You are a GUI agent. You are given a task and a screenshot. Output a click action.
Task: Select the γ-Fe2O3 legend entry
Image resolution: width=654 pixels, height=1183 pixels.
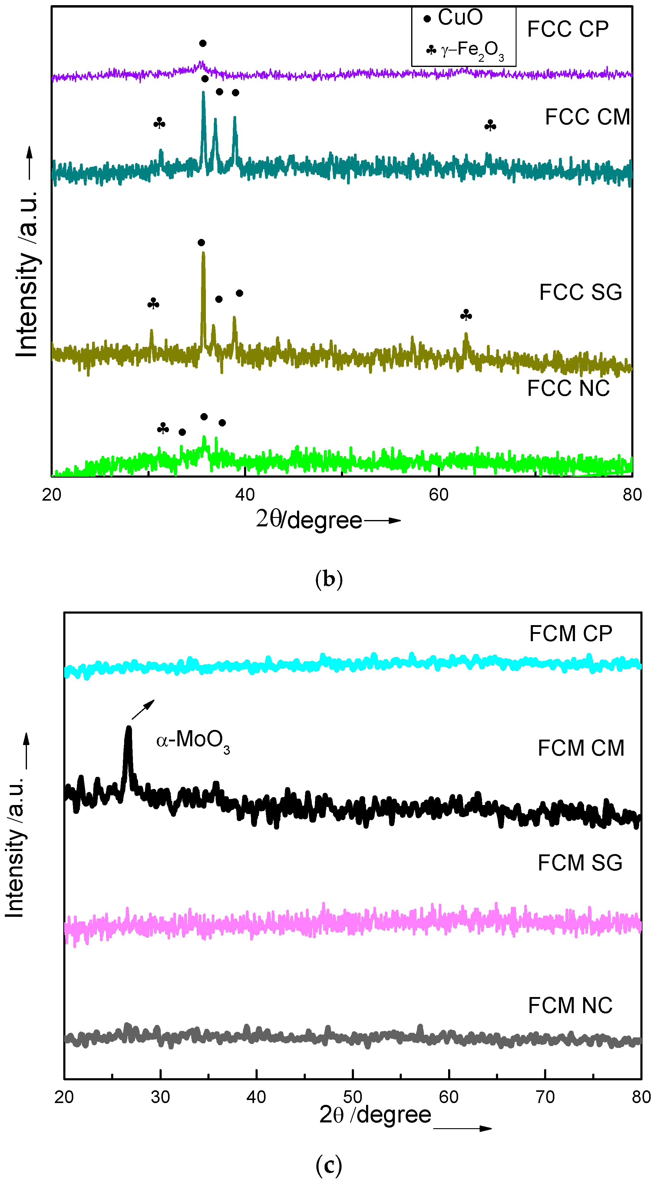click(466, 50)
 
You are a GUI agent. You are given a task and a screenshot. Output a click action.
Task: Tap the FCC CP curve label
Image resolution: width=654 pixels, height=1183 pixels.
click(568, 29)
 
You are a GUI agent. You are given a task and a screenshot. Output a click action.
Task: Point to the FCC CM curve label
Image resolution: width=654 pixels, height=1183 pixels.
click(587, 117)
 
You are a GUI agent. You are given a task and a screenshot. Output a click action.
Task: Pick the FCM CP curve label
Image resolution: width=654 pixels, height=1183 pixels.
click(570, 634)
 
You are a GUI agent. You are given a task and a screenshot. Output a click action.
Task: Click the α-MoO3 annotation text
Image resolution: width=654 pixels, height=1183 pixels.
click(193, 740)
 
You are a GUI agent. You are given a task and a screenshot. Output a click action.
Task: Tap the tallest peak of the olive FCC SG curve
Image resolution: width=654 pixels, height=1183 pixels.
click(203, 253)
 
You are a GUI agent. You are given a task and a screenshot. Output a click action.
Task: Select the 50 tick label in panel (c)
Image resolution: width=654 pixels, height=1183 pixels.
click(352, 1097)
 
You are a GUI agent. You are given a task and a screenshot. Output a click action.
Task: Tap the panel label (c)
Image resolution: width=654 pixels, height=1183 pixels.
click(329, 1165)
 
